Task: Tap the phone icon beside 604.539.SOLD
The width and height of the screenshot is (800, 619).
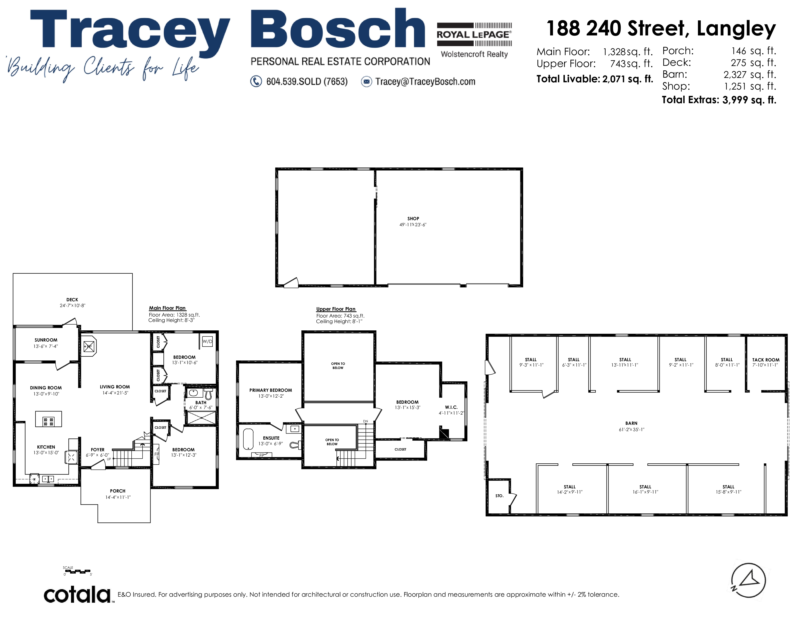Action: point(256,81)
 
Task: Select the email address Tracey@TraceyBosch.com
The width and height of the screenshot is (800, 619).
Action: point(425,81)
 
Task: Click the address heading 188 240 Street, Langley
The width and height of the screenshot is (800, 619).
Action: point(661,28)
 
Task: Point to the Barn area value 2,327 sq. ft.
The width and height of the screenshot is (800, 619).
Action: point(750,75)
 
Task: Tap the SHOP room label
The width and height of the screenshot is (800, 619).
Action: point(413,218)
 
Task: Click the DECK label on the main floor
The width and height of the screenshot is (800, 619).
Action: point(72,300)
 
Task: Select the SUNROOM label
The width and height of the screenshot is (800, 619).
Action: point(46,340)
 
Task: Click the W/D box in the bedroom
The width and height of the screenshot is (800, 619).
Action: point(207,341)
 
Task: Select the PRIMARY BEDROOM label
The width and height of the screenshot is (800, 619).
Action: point(271,390)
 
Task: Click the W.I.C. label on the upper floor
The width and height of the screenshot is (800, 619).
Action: point(451,407)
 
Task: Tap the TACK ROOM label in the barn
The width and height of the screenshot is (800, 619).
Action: point(766,360)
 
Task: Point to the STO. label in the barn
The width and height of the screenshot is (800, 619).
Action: point(500,496)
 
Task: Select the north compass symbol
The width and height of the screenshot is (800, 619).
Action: point(748,580)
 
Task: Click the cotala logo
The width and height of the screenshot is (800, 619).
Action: point(77,594)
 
